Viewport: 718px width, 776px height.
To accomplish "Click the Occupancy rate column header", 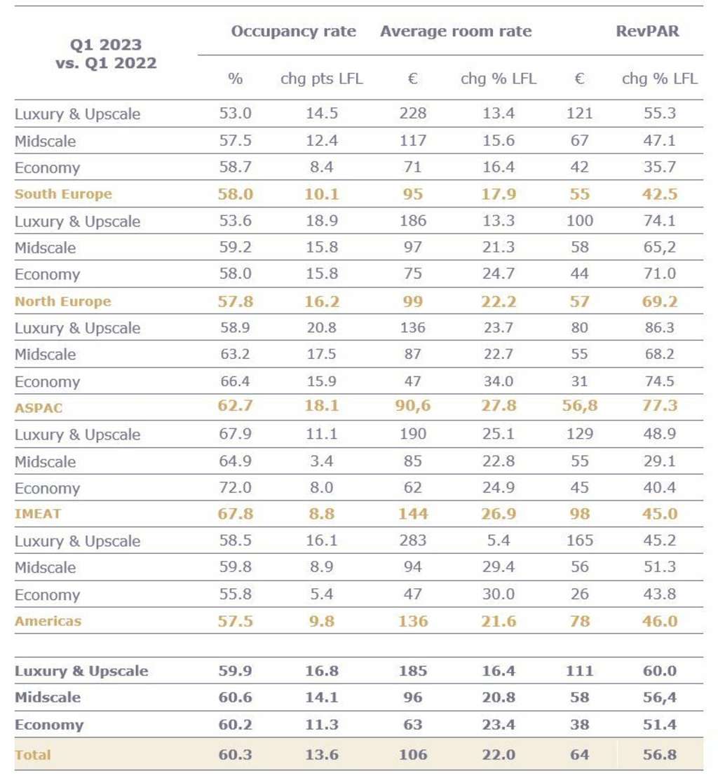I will click(293, 32).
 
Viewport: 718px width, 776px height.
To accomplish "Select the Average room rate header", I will click(456, 32).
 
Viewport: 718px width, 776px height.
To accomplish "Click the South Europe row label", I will click(63, 194).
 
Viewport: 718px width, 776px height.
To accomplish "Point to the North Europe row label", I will click(63, 301).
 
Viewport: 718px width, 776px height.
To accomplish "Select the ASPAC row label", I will click(39, 408).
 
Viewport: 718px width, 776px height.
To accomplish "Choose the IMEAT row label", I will click(38, 514).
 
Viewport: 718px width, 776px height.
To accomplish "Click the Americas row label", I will click(48, 621).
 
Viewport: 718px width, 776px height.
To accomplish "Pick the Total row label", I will click(32, 755).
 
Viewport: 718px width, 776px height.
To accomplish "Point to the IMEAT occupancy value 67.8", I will click(235, 514).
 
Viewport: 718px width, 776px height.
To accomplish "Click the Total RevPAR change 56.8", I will click(659, 755).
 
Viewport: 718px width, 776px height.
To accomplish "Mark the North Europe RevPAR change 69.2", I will click(659, 301).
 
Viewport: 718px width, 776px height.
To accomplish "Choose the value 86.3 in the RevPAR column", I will click(659, 328).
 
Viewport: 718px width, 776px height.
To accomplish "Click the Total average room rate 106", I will click(412, 755).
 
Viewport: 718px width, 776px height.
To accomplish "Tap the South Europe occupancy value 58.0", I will click(235, 194).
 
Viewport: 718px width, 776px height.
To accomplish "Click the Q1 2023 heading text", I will click(106, 45).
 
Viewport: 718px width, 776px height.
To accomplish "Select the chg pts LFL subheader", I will click(322, 79).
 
